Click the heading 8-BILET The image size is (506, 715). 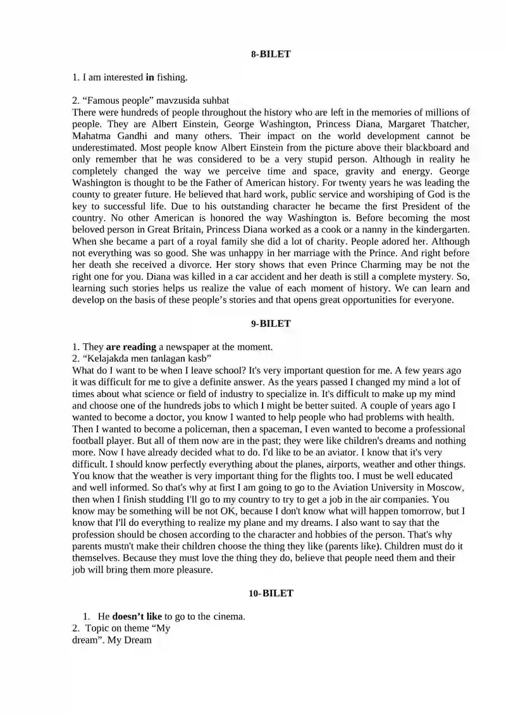270,54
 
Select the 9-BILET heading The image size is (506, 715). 270,324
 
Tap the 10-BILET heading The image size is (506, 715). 270,593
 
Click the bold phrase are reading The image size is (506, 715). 131,346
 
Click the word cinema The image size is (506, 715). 229,616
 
